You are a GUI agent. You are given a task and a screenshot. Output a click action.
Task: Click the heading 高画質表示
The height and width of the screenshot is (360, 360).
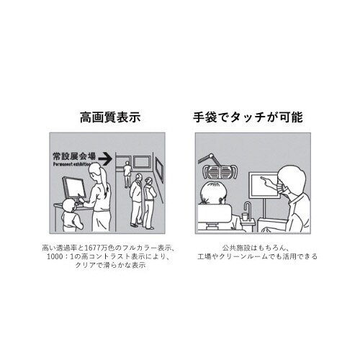pos(109,118)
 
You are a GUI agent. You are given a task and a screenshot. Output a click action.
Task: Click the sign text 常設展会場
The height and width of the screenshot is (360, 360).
pos(73,155)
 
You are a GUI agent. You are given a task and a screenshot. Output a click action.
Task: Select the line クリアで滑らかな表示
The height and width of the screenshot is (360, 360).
pos(109,265)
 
